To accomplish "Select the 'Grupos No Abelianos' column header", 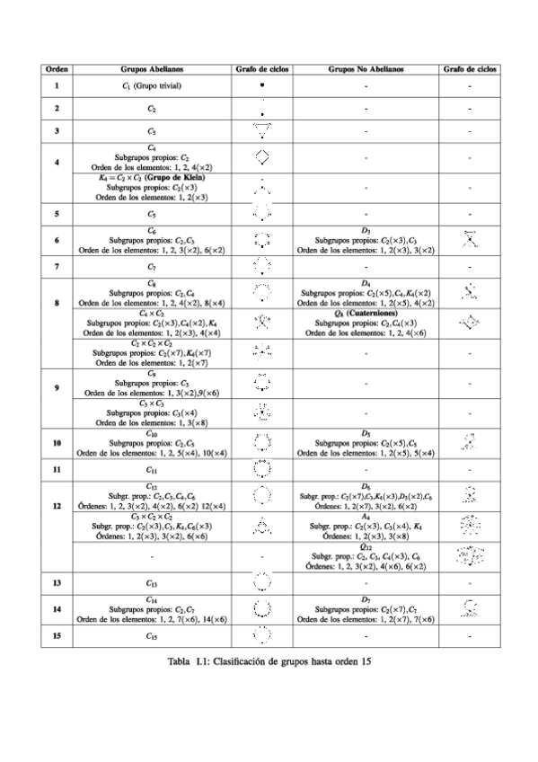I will click(366, 68).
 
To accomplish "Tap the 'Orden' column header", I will click(57, 68).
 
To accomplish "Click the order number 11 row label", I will click(57, 469).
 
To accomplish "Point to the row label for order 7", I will click(57, 267).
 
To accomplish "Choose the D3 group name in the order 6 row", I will click(366, 231).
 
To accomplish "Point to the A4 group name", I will click(366, 517).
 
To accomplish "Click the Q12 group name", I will click(366, 545).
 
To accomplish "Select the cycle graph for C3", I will click(261, 131).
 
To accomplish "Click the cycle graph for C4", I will click(261, 157).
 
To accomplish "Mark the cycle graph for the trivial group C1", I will click(261, 85).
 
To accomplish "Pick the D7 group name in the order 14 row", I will click(366, 599).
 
